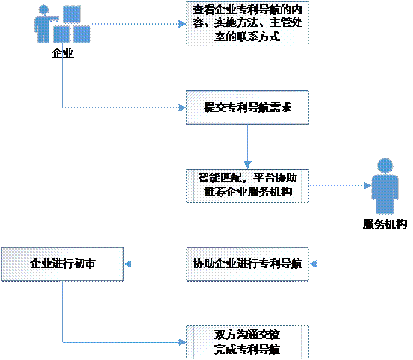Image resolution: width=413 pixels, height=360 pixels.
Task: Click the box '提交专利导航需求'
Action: [x=247, y=108]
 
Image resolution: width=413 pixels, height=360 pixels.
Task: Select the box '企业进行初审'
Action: [x=63, y=264]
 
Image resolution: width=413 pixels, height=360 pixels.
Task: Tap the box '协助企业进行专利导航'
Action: [x=247, y=264]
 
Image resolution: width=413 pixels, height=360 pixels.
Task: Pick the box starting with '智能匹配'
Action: [x=247, y=186]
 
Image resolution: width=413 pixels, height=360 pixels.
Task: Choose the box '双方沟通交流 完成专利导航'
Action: [x=247, y=342]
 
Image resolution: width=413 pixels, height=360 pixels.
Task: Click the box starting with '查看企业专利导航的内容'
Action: [x=247, y=24]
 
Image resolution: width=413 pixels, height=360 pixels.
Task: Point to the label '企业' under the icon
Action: [x=63, y=53]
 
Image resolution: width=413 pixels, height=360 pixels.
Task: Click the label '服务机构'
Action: [x=385, y=224]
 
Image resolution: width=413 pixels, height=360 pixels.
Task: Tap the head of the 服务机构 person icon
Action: [x=385, y=166]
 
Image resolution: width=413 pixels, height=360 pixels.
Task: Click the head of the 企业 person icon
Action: [x=43, y=10]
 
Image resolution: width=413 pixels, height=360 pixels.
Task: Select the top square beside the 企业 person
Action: [x=72, y=14]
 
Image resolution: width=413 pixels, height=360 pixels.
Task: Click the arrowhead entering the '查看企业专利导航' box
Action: [x=182, y=24]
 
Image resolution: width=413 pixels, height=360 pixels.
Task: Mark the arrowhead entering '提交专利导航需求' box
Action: [x=182, y=108]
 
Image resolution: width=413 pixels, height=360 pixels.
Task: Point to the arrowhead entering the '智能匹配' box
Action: [x=248, y=165]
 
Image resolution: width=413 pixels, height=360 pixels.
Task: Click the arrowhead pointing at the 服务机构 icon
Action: [x=367, y=186]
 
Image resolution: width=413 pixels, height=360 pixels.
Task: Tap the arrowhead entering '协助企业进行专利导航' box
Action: [x=313, y=264]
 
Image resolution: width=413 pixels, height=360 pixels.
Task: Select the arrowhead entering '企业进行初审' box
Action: [x=128, y=264]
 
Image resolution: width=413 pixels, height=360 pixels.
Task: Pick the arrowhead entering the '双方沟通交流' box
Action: [x=182, y=342]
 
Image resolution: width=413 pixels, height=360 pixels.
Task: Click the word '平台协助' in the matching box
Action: [x=276, y=178]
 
